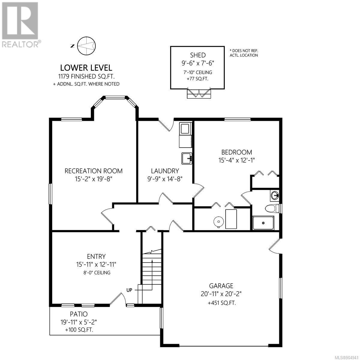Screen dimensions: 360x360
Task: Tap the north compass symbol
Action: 86,46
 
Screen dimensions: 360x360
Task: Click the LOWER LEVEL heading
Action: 86,67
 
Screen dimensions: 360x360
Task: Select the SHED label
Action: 198,55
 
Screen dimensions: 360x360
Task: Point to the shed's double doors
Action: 199,93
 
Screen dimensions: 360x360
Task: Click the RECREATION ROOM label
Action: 93,171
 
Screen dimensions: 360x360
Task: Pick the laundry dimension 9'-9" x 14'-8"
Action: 165,179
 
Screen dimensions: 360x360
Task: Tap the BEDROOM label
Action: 236,152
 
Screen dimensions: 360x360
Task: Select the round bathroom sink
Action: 275,196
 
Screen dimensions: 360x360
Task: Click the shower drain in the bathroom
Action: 263,223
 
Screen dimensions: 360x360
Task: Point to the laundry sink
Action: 187,158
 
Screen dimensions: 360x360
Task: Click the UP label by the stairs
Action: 129,290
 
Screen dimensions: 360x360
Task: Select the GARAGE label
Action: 221,286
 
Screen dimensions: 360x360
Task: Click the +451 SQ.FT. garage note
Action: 222,303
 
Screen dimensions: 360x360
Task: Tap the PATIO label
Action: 79,314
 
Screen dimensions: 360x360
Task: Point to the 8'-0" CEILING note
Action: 97,273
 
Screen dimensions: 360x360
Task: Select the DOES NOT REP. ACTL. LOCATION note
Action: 244,53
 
